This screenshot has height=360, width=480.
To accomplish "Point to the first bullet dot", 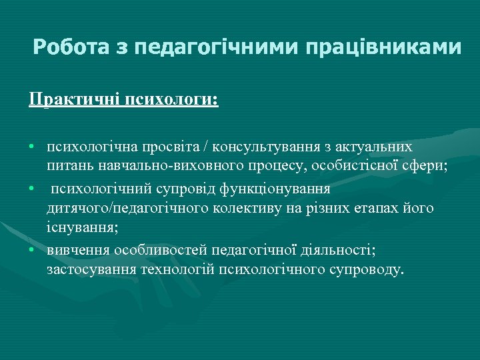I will [x=32, y=146].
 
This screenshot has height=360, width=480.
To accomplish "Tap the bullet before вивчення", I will [x=32, y=249].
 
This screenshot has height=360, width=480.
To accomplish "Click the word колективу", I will [x=268, y=208].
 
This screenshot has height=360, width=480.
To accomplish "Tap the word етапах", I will [x=379, y=208].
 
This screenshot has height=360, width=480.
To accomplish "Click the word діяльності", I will [x=337, y=249].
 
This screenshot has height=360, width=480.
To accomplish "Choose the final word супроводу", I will [x=369, y=270].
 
